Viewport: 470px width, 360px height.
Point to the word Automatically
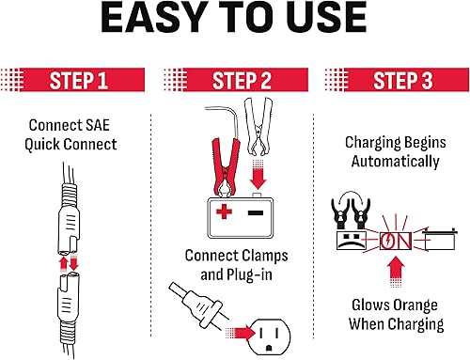coord(394,161)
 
